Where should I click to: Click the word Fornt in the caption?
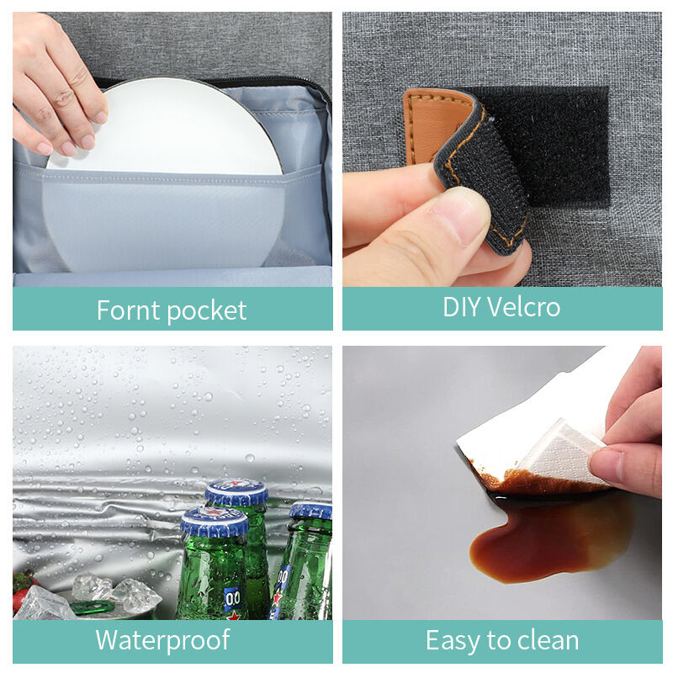click(129, 310)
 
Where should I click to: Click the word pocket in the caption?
click(207, 311)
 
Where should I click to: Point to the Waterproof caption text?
click(162, 641)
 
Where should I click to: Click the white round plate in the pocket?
click(165, 172)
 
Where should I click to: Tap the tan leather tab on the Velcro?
click(433, 125)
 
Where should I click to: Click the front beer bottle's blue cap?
click(215, 521)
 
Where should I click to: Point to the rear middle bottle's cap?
click(236, 492)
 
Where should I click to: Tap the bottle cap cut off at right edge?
click(311, 511)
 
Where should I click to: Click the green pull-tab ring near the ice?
click(93, 607)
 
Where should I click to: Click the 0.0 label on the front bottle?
click(233, 599)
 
